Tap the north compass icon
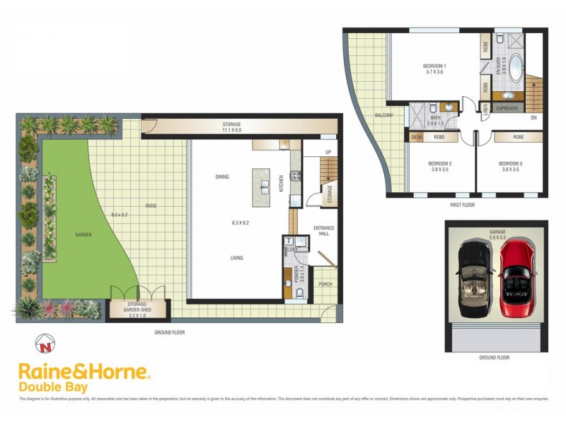click(x=45, y=346)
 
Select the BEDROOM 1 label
click(x=434, y=66)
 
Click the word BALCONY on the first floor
click(x=384, y=114)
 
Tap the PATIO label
click(x=151, y=206)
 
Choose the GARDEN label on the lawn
click(x=85, y=235)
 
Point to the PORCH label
click(x=325, y=284)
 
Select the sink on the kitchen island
click(x=265, y=187)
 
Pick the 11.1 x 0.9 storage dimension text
click(x=232, y=130)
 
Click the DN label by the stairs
click(x=533, y=117)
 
